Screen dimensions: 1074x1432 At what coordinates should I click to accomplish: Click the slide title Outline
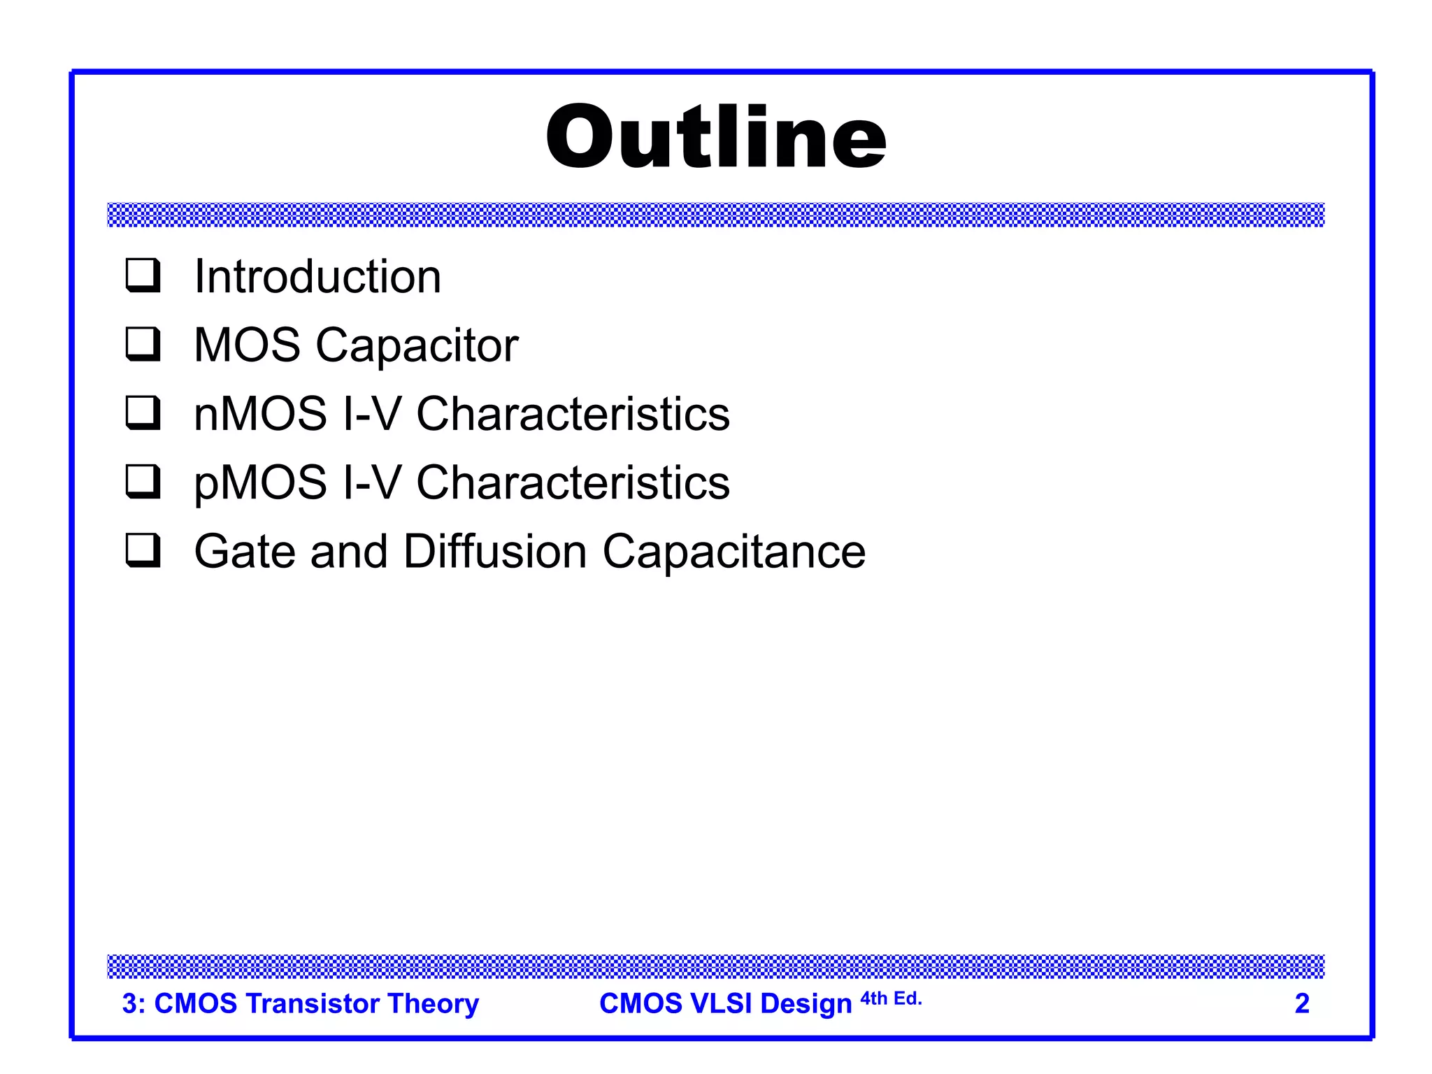716,136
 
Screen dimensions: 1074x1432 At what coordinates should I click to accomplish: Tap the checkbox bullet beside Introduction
143,275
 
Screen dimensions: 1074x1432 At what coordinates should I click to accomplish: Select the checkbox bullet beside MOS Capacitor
143,343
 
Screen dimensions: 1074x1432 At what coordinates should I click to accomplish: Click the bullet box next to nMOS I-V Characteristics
143,412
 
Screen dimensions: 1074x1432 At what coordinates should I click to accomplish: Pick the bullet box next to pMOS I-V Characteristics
143,481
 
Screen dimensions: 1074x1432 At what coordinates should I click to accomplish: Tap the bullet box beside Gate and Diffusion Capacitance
143,550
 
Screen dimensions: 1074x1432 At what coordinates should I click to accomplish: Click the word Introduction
317,276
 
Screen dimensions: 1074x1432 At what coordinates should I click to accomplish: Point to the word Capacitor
417,345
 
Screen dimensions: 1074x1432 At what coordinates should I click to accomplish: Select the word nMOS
260,413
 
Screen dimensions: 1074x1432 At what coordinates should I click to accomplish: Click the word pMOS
260,483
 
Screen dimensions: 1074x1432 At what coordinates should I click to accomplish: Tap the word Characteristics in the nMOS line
573,413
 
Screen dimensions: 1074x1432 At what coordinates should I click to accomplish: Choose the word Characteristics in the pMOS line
573,482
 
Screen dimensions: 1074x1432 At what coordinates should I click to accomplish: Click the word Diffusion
495,551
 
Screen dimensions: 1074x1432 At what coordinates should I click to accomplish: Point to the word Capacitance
733,552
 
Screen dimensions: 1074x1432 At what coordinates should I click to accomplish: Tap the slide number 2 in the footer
1301,1003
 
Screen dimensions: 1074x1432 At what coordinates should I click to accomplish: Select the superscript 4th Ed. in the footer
891,998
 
